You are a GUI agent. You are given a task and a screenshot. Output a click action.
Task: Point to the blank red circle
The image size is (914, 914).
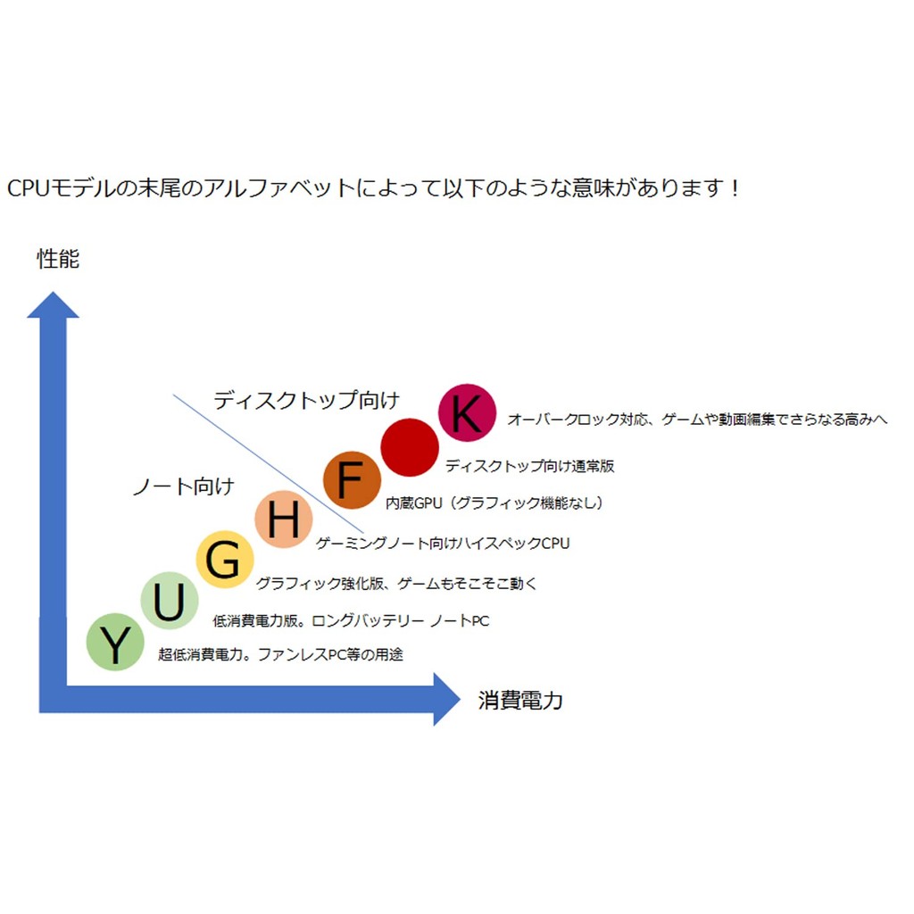pyautogui.click(x=410, y=446)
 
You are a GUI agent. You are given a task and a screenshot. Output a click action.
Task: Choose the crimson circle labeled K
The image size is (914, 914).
pyautogui.click(x=467, y=413)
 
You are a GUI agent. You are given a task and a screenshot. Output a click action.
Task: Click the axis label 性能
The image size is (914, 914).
pyautogui.click(x=58, y=259)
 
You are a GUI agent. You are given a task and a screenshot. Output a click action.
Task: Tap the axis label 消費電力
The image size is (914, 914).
pyautogui.click(x=520, y=701)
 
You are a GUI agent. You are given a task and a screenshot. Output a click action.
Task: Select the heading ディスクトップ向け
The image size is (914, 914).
pyautogui.click(x=306, y=400)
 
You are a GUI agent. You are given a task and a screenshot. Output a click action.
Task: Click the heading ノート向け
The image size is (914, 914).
pyautogui.click(x=183, y=486)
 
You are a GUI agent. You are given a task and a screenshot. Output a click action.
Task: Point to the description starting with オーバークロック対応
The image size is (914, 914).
pyautogui.click(x=697, y=420)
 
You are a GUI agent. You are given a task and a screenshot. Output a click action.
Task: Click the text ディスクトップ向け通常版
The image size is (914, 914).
pyautogui.click(x=529, y=466)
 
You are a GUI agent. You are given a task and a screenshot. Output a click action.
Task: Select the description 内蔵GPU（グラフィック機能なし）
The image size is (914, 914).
pyautogui.click(x=494, y=503)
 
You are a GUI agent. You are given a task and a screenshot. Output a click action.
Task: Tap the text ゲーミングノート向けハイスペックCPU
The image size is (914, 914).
pyautogui.click(x=443, y=543)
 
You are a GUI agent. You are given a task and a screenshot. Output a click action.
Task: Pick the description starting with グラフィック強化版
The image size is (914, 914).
pyautogui.click(x=396, y=584)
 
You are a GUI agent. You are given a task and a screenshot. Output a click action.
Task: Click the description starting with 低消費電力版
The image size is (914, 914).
pyautogui.click(x=351, y=621)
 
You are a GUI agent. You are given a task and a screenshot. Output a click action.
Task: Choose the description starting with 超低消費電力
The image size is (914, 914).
pyautogui.click(x=280, y=655)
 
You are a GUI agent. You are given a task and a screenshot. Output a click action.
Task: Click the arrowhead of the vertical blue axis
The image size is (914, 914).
pyautogui.click(x=54, y=306)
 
